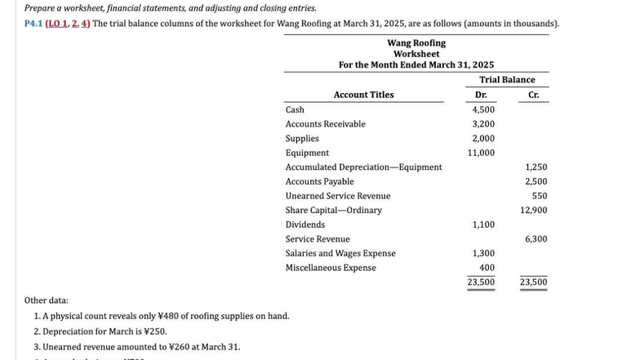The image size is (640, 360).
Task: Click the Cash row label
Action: [x=295, y=109]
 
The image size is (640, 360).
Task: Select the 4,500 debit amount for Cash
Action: [x=483, y=109]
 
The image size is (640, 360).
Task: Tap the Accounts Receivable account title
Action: [x=325, y=124]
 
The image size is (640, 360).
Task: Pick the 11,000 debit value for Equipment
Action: [x=481, y=153]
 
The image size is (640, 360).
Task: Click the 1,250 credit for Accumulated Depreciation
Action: [x=536, y=167]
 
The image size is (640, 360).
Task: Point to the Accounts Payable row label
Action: [x=319, y=181]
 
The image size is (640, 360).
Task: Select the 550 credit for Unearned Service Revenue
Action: [x=539, y=196]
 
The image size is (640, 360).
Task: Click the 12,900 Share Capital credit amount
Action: [x=533, y=211]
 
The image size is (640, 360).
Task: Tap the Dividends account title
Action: [x=304, y=224]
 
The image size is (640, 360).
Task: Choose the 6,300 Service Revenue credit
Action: [x=536, y=239]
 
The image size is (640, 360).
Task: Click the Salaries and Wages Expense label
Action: [x=340, y=253]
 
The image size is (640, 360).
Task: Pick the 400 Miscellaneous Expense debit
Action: [x=487, y=268]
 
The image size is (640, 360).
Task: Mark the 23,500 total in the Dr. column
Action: [x=481, y=282]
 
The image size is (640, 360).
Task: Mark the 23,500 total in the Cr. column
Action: [x=533, y=282]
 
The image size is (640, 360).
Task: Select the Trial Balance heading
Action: [x=507, y=80]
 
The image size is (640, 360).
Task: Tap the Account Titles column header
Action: [x=363, y=95]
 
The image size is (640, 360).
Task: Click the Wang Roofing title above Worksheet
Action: [x=416, y=42]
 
